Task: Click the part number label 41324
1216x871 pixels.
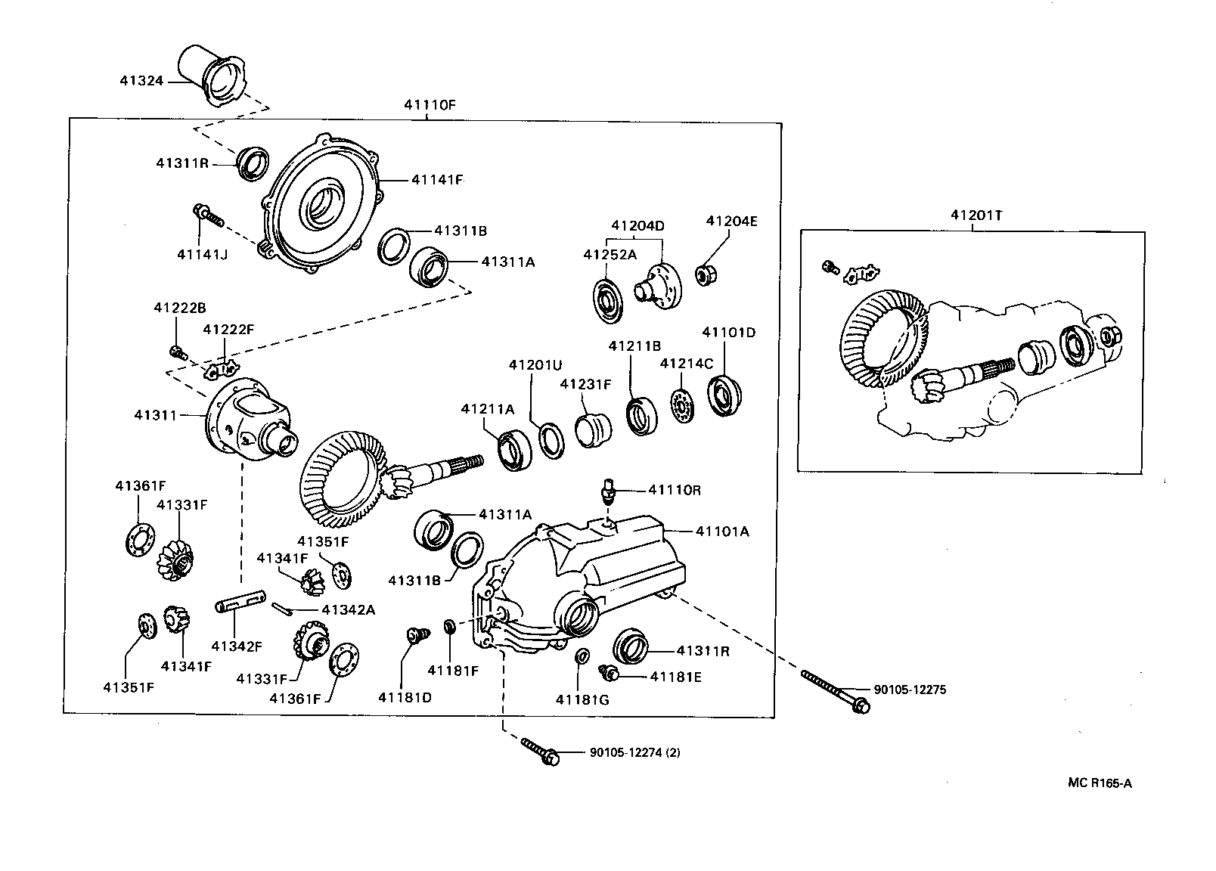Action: [x=141, y=79]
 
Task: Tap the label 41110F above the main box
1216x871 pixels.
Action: [x=430, y=106]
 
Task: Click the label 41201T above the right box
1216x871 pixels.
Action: [x=976, y=215]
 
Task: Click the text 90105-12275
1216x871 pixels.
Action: [x=909, y=690]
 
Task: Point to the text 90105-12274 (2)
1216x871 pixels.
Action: [x=634, y=753]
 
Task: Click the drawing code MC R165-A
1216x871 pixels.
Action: [x=1100, y=783]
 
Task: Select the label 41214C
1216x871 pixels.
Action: [x=686, y=363]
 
